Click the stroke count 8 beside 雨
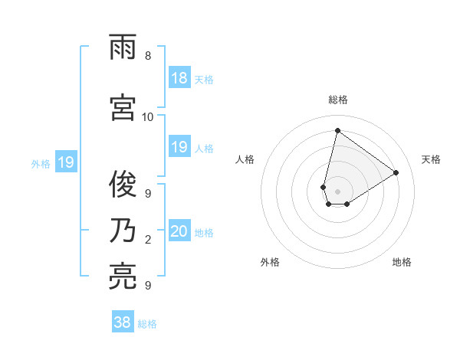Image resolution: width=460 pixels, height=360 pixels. pyautogui.click(x=148, y=57)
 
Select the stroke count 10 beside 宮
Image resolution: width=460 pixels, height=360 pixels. pyautogui.click(x=148, y=117)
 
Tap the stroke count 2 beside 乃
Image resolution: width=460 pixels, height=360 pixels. pyautogui.click(x=148, y=241)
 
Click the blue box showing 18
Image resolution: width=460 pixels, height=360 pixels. pyautogui.click(x=179, y=78)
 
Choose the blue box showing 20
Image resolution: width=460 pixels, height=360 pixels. pyautogui.click(x=179, y=232)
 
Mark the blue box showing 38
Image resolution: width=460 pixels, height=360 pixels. pyautogui.click(x=122, y=322)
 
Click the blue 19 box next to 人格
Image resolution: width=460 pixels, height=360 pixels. pyautogui.click(x=179, y=147)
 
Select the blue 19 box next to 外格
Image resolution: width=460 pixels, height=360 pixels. pyautogui.click(x=65, y=162)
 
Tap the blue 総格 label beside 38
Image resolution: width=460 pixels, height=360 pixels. pyautogui.click(x=147, y=324)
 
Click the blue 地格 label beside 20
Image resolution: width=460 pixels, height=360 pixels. pyautogui.click(x=204, y=233)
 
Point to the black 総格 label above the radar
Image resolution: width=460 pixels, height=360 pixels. pyautogui.click(x=338, y=100)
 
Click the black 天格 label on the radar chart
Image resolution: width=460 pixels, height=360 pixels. pyautogui.click(x=431, y=159)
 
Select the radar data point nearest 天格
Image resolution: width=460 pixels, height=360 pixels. pyautogui.click(x=396, y=173)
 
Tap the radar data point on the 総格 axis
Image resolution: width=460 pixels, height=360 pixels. pyautogui.click(x=337, y=130)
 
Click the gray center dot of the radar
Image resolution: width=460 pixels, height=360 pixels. pyautogui.click(x=337, y=191)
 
